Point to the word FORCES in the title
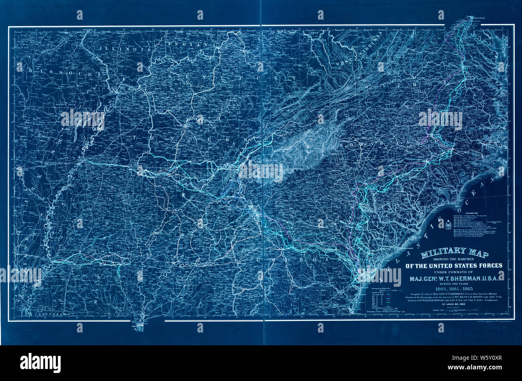coord(484,265)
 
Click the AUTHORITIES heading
coord(471,213)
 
